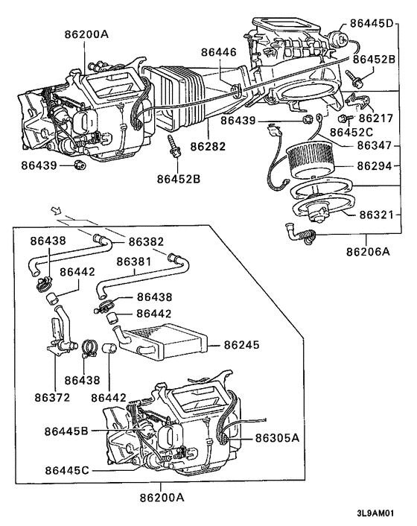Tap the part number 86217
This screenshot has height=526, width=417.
(x=377, y=117)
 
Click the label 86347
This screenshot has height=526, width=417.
(x=378, y=145)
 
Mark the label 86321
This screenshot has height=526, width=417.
(x=378, y=214)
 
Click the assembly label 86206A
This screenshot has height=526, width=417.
(x=367, y=252)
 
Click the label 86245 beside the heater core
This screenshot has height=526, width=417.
(x=242, y=345)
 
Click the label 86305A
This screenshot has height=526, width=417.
(x=278, y=438)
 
